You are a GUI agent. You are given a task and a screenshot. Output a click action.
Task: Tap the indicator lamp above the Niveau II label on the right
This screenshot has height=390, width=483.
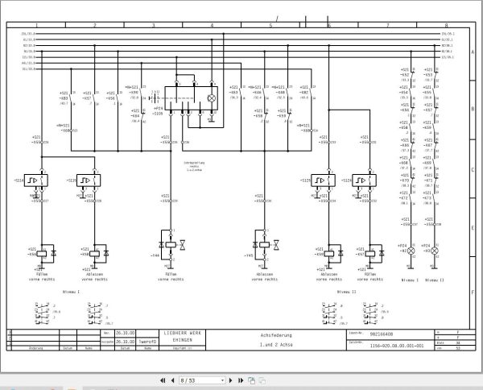pos(436,252)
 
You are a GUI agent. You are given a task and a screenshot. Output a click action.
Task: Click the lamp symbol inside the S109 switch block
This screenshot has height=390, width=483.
pos(212,97)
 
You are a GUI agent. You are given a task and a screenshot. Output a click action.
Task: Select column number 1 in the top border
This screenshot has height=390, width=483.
pos(36,26)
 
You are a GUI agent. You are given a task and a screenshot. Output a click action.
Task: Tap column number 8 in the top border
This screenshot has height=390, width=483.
pos(445,26)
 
